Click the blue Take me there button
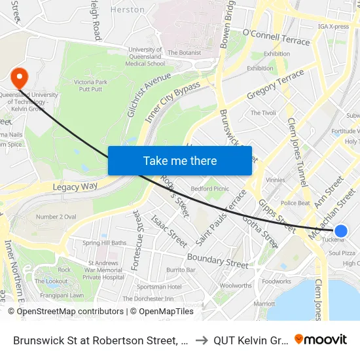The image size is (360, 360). pos(180,160)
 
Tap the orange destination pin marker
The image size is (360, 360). pos(19,78)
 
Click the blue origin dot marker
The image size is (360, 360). pos(341,230)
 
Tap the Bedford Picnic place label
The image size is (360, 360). pos(209,189)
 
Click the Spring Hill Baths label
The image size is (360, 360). pos(105,243)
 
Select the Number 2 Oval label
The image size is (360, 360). pos(57,217)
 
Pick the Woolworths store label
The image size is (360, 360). pos(236,285)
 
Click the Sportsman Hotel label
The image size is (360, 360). pos(160,287)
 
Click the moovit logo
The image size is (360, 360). pos(321,339)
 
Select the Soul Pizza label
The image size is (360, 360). pos(342,253)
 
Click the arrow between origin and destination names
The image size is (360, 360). pos(202,340)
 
